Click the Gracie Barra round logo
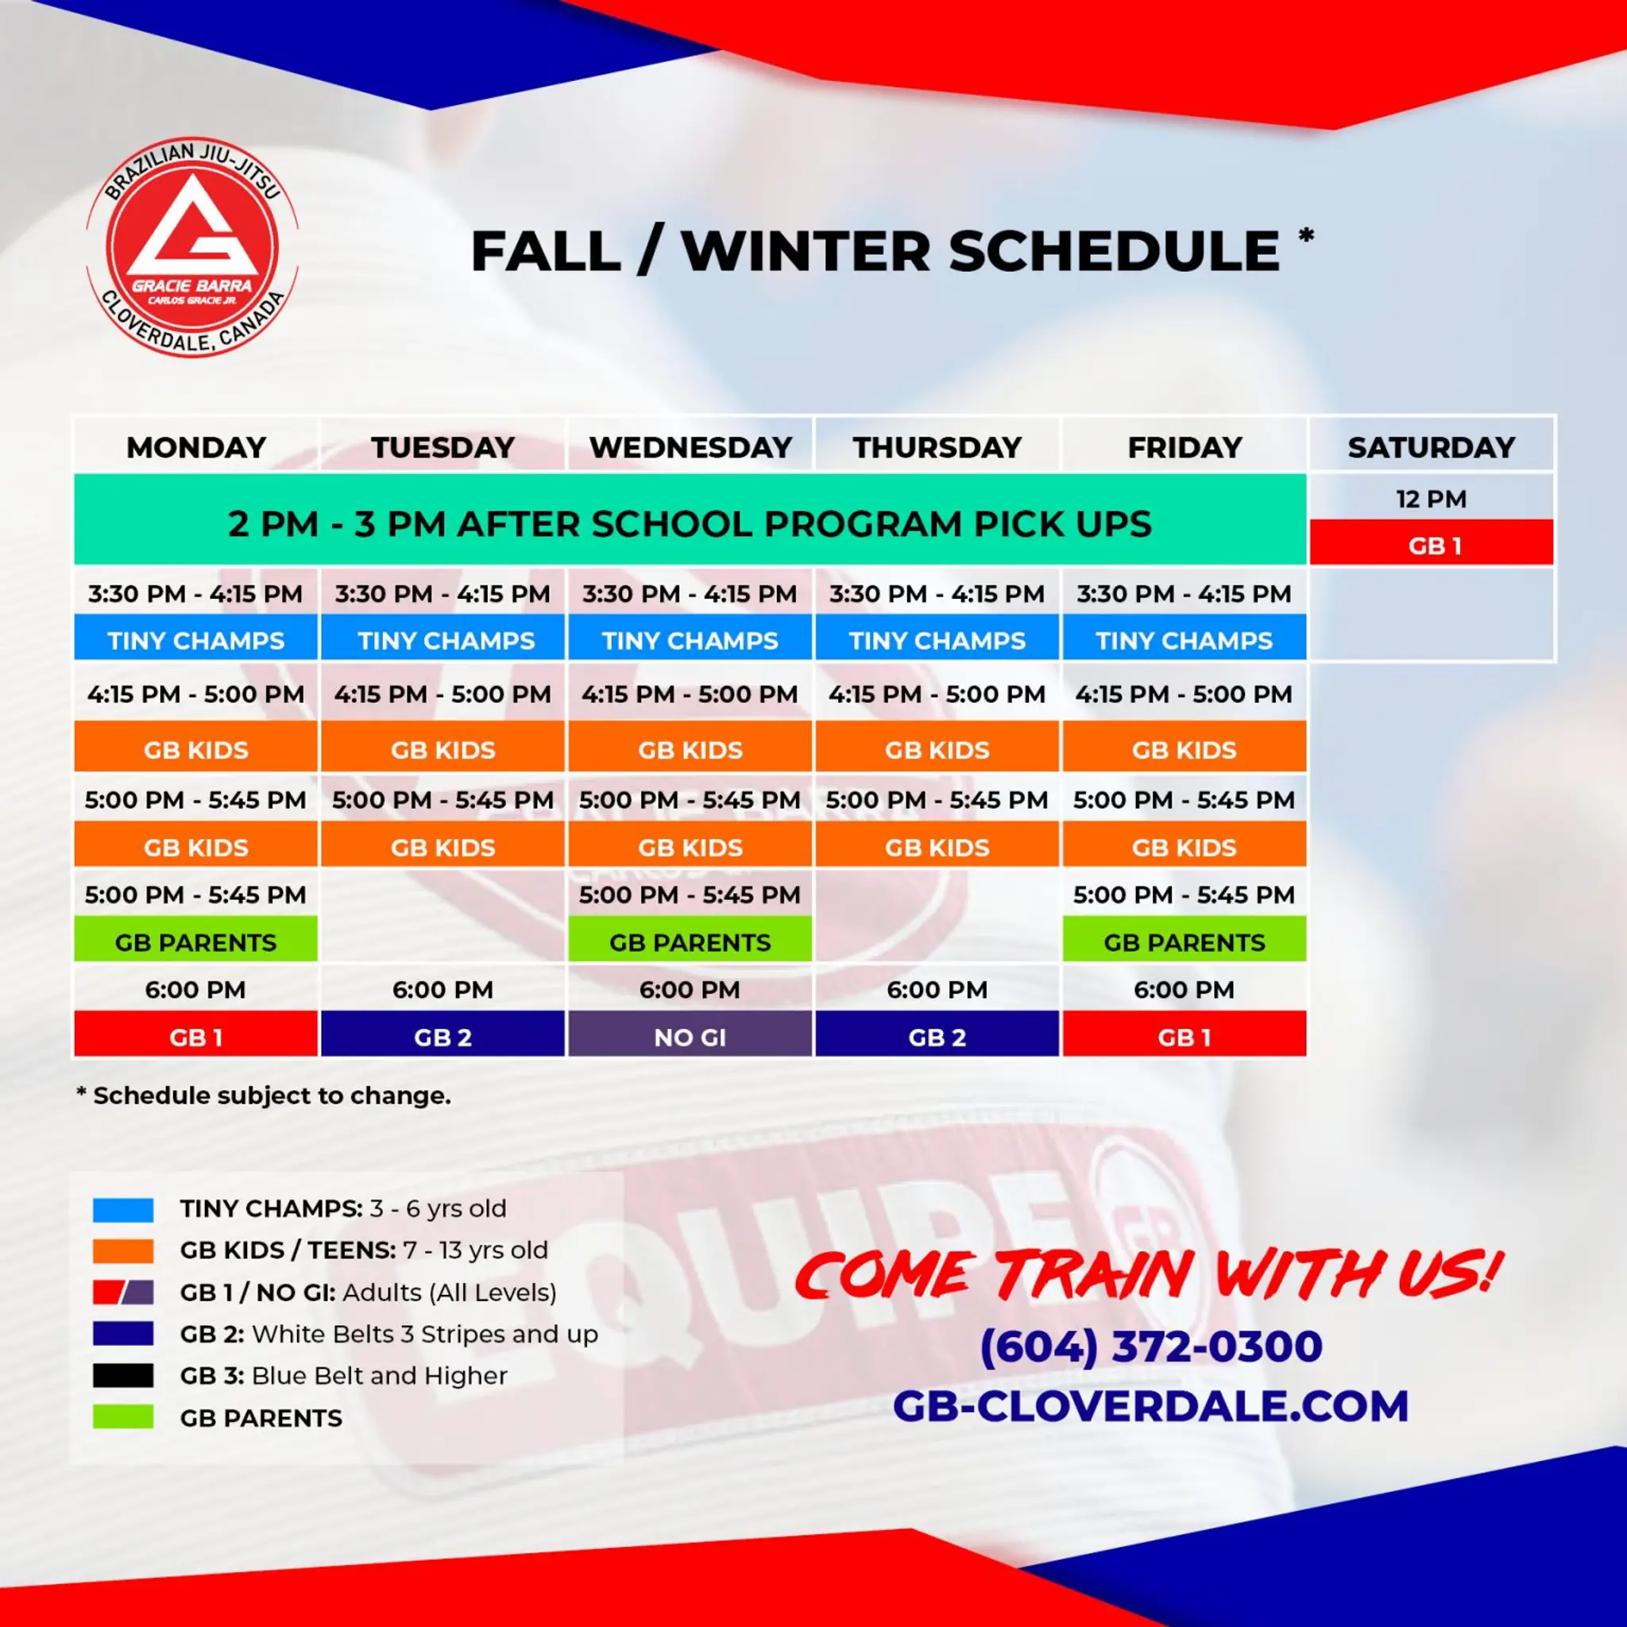coord(193,247)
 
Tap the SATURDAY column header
coord(1431,446)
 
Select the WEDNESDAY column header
coord(690,446)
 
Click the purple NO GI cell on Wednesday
coord(690,1037)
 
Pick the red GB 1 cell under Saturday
coord(1431,545)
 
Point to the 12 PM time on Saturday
coord(1431,499)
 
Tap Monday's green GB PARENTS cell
coord(195,941)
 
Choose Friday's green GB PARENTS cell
coord(1184,941)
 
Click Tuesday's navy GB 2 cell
coord(443,1037)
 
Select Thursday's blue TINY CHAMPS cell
coord(937,640)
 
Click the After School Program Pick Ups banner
coord(690,523)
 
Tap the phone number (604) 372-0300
coord(1150,1345)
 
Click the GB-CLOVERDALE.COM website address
coord(1150,1405)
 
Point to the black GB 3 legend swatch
coord(123,1375)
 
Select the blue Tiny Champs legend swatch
coord(123,1209)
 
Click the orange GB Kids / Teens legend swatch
coord(123,1250)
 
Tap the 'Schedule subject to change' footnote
coord(265,1096)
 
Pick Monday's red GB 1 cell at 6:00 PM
coord(195,1037)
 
